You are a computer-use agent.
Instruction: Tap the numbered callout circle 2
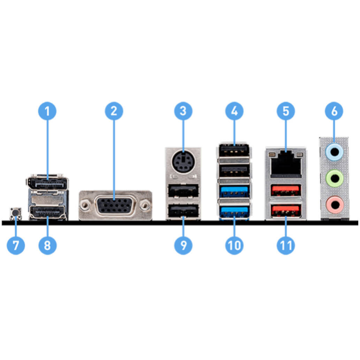coord(114,111)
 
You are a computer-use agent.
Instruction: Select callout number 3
coord(183,111)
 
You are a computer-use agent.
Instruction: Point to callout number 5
coord(286,111)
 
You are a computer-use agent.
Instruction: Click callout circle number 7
coord(16,245)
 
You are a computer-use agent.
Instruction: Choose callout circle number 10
coord(234,245)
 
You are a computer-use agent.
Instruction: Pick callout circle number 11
coord(286,245)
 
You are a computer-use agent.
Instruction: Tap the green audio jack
coord(334,178)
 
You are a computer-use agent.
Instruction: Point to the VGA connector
coord(115,206)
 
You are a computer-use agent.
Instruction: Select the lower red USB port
coord(286,210)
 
